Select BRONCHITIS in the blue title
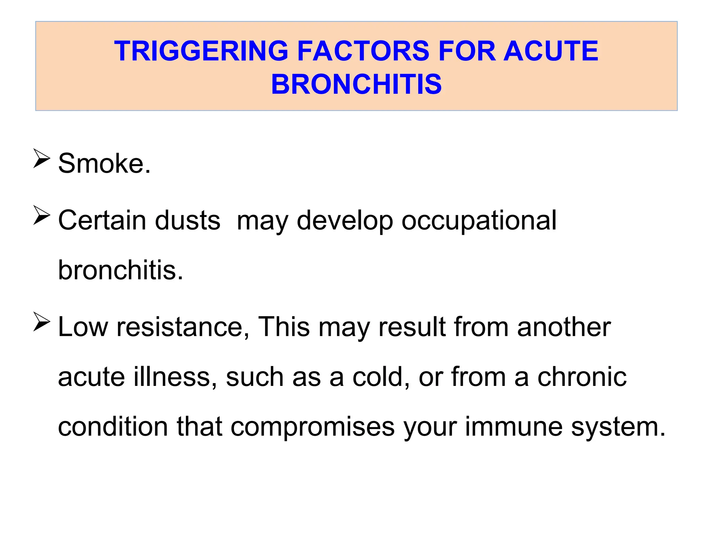(x=356, y=84)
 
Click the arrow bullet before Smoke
(x=42, y=158)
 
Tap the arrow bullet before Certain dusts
(x=42, y=215)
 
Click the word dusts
(x=188, y=220)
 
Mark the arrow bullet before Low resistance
(x=42, y=322)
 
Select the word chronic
(x=582, y=377)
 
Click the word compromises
(x=313, y=428)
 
